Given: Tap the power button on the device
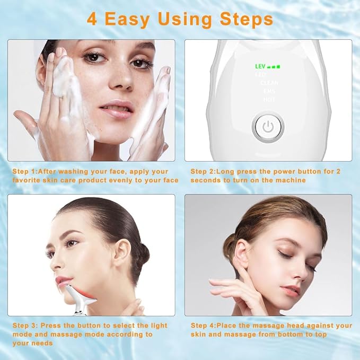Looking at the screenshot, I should click(268, 127).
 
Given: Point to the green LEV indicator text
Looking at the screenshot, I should click(260, 67).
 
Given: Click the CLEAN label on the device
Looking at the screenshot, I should click(269, 83).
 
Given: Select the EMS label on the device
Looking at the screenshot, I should click(269, 91).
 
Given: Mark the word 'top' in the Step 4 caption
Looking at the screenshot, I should click(321, 334).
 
